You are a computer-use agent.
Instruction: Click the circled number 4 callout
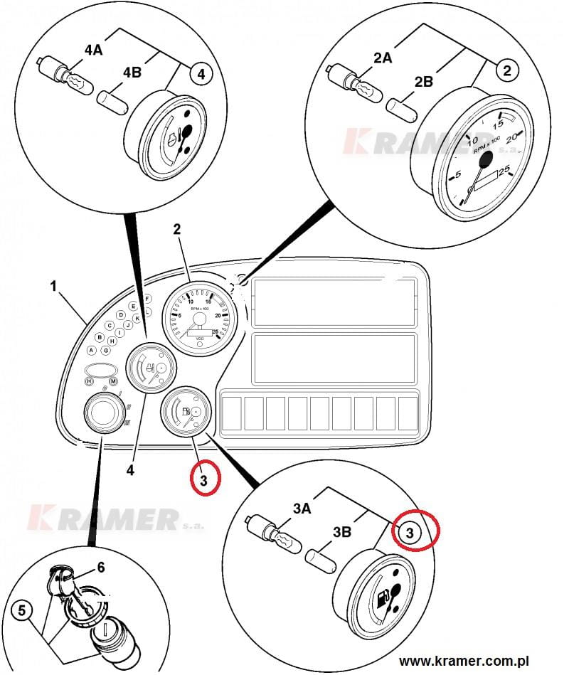[x=201, y=73]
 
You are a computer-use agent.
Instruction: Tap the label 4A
[x=94, y=51]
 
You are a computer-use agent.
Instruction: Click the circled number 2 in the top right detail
[x=506, y=70]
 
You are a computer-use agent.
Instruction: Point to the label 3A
[x=301, y=509]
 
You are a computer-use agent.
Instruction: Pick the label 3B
[x=341, y=532]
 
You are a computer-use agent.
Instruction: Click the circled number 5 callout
[x=22, y=610]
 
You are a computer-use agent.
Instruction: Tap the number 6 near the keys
[x=101, y=567]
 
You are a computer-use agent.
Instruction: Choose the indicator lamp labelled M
[x=112, y=381]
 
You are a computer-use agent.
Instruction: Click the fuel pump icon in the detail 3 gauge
[x=383, y=596]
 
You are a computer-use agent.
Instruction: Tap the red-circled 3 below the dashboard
[x=204, y=482]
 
